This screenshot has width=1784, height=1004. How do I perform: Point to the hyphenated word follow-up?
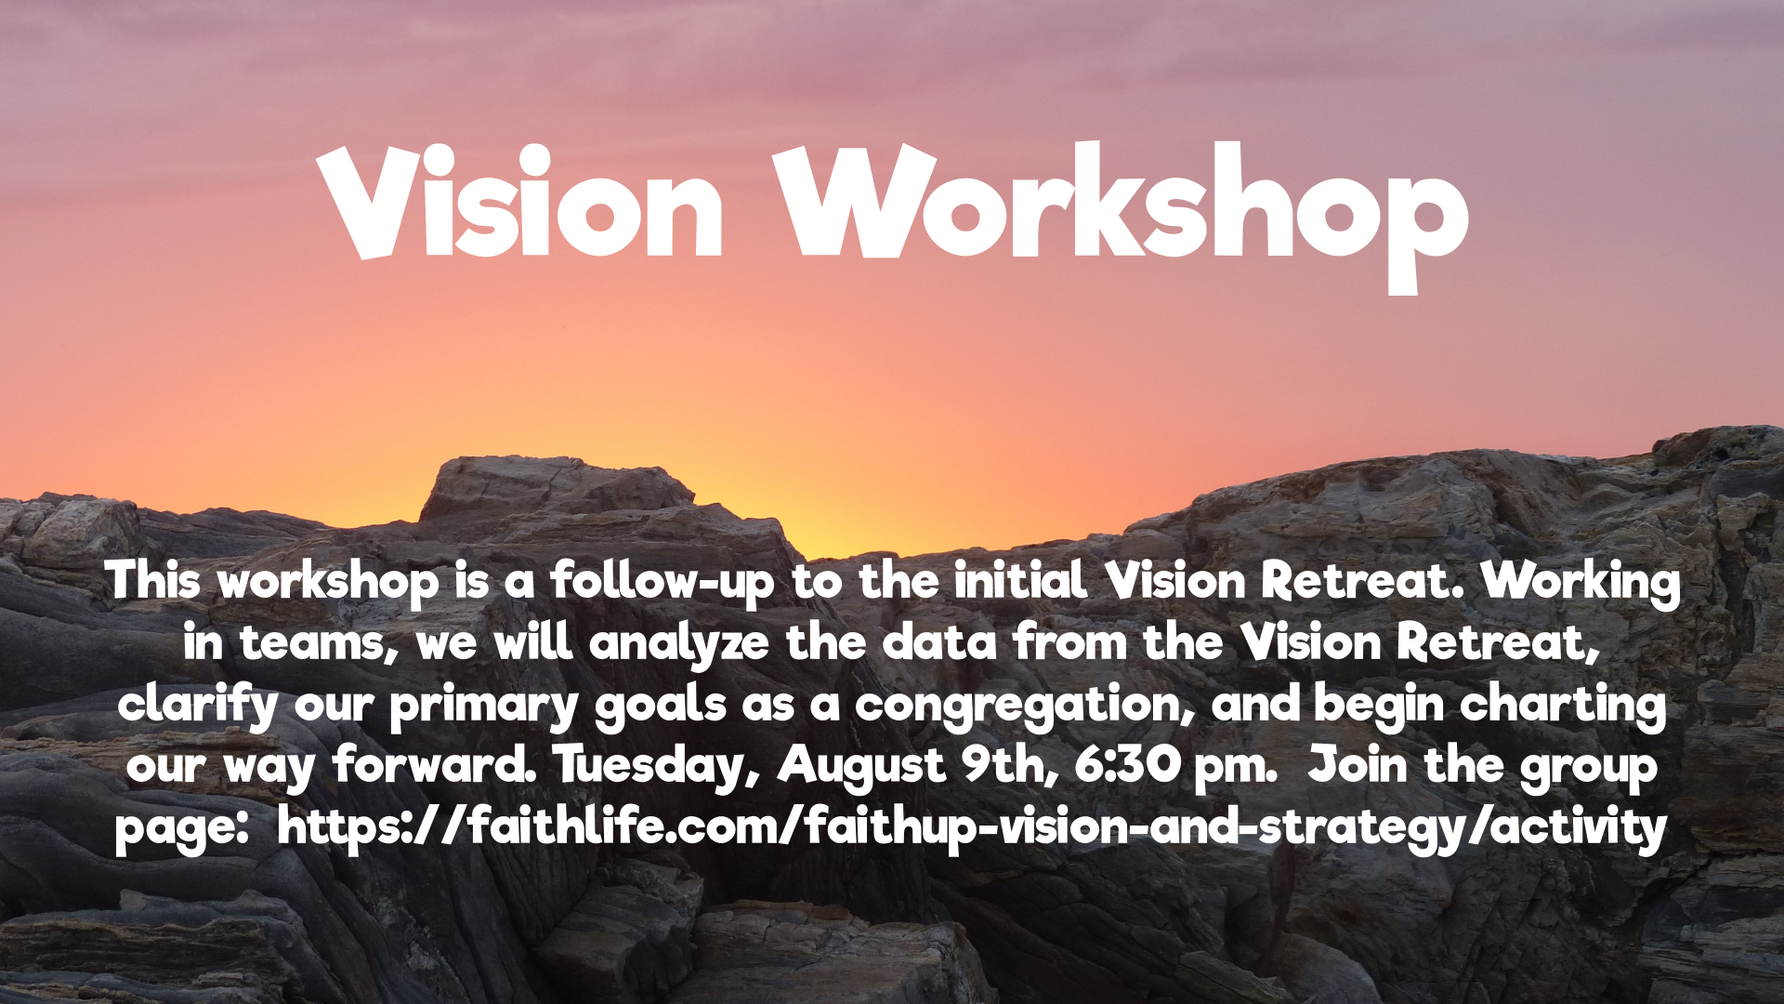pos(662,583)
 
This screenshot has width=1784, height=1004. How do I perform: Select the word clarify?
pos(198,705)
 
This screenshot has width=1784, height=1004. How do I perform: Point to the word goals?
pos(660,706)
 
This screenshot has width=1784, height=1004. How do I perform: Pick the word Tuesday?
pos(650,767)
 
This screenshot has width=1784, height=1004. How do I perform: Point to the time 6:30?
pos(1128,765)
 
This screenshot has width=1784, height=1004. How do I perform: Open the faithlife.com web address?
pos(972,828)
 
